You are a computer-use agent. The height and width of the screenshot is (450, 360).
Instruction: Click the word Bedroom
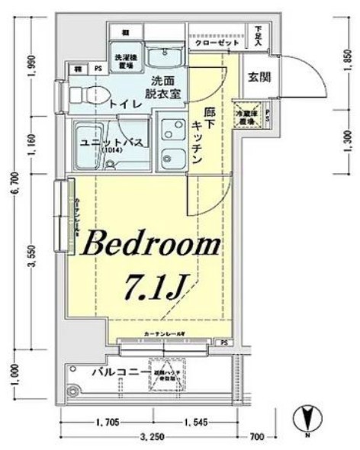click(x=150, y=246)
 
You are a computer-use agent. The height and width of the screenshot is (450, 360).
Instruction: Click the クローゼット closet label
click(x=214, y=44)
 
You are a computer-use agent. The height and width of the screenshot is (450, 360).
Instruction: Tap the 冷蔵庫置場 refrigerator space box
click(x=245, y=114)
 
